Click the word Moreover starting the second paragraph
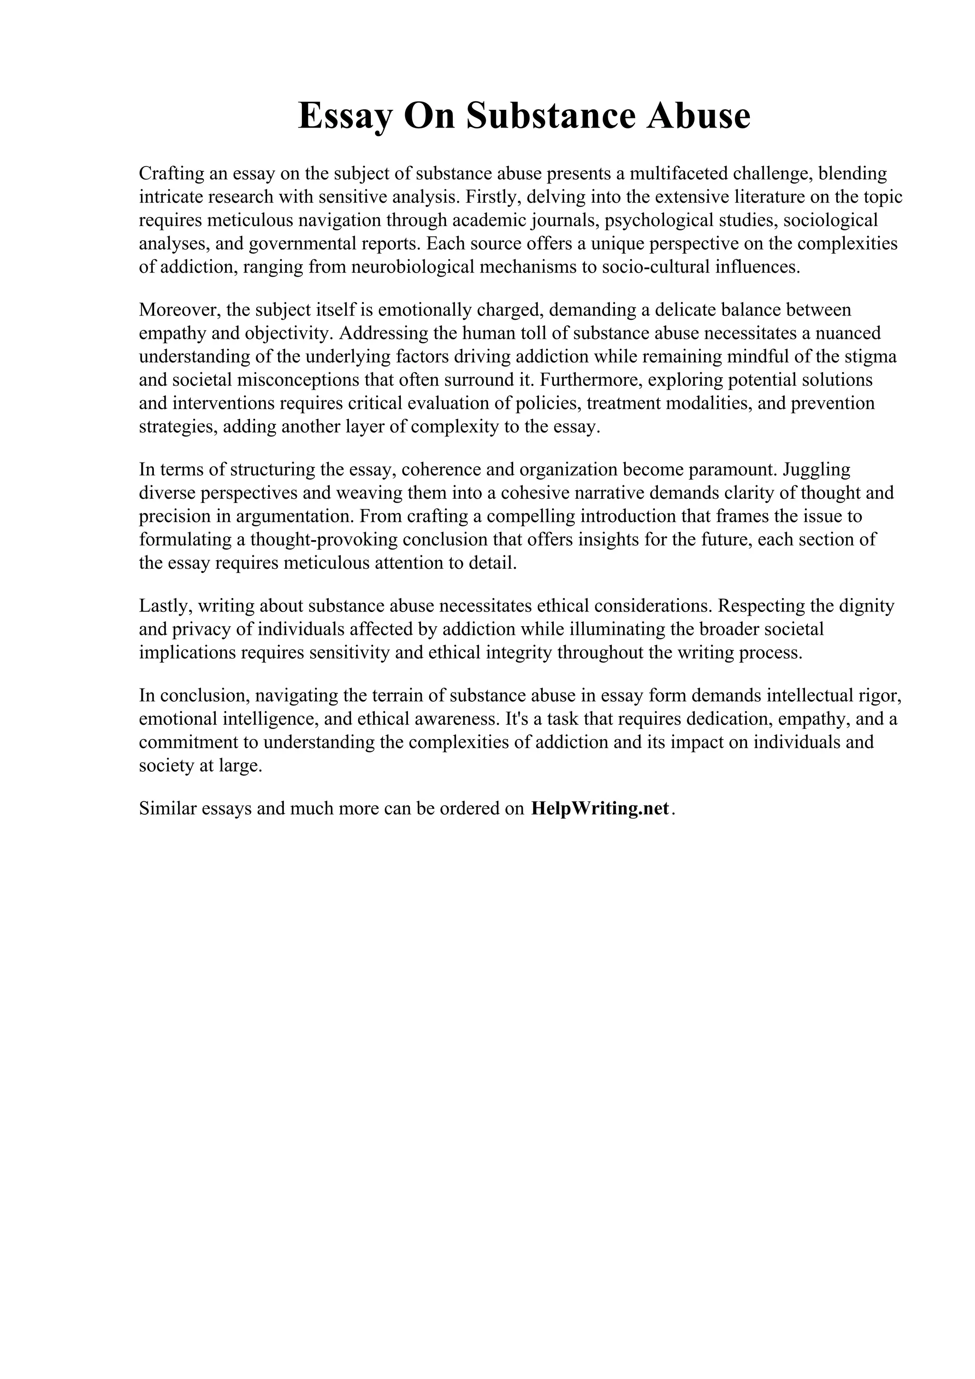(179, 310)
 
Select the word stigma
(870, 357)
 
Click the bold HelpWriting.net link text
(599, 809)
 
